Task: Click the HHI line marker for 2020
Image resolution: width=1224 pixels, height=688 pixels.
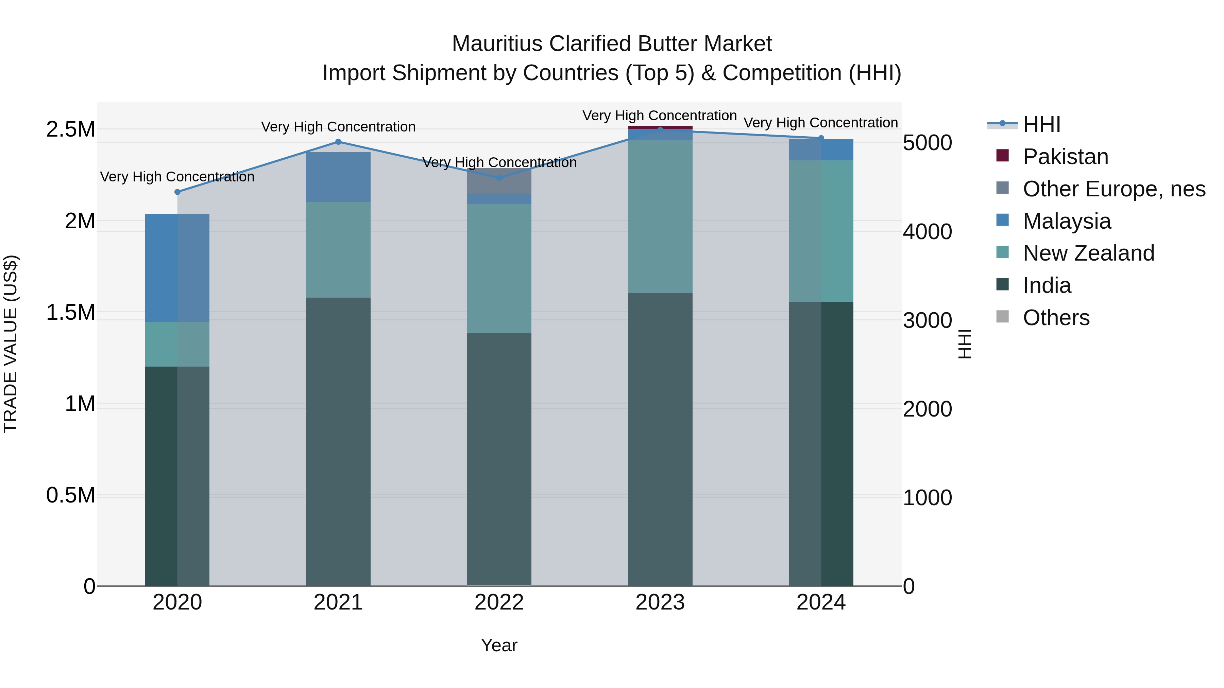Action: click(177, 192)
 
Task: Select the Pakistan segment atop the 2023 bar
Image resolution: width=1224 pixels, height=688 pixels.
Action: click(660, 127)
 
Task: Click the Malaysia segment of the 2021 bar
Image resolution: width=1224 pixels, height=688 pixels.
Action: click(338, 177)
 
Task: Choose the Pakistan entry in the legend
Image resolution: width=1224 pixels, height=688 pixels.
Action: click(1065, 157)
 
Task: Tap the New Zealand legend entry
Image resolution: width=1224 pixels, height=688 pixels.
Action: click(1088, 253)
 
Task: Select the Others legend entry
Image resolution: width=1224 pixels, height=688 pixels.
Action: click(1056, 318)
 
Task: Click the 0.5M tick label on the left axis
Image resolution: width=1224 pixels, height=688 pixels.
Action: click(71, 495)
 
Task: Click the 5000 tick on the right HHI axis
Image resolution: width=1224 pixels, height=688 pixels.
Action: click(928, 143)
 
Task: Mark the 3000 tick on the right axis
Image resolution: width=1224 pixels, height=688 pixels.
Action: click(928, 320)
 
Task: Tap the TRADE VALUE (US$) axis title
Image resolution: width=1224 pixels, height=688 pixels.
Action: click(11, 344)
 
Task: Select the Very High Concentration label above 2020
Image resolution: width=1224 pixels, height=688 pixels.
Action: click(177, 177)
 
